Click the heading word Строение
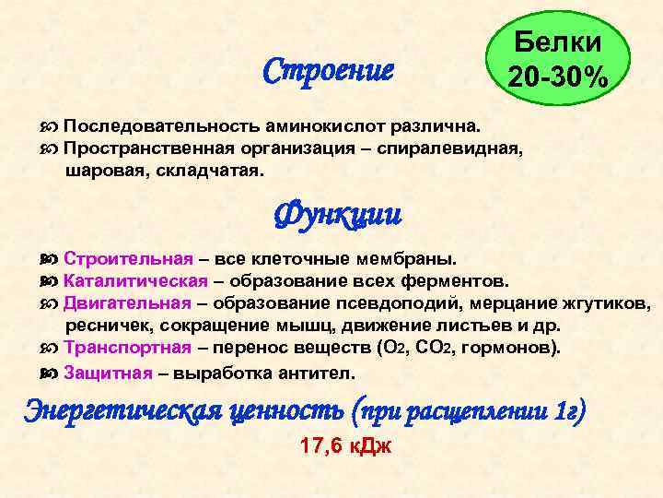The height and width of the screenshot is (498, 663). pos(328,69)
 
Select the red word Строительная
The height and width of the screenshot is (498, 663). pos(128,258)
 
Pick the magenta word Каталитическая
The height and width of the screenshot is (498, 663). pos(135,280)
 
